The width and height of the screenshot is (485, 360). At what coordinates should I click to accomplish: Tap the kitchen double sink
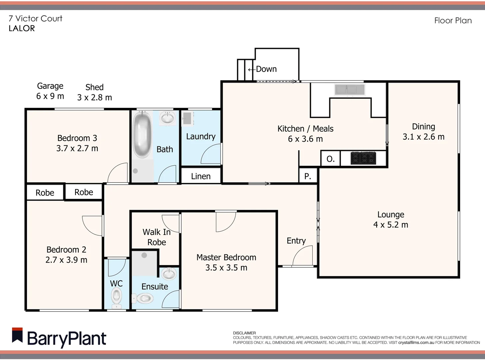click(x=350, y=90)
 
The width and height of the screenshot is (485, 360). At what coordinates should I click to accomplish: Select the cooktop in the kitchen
click(x=363, y=158)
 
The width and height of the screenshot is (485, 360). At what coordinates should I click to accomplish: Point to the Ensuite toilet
click(x=143, y=298)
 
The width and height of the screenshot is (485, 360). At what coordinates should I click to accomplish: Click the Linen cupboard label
click(x=201, y=176)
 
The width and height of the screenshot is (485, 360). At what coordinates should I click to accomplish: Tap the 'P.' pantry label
click(x=308, y=176)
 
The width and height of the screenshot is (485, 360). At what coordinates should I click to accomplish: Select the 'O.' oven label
click(x=330, y=159)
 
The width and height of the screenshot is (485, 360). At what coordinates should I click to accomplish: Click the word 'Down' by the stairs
click(x=266, y=69)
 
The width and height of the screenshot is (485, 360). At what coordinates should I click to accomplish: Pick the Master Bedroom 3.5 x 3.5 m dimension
click(x=226, y=268)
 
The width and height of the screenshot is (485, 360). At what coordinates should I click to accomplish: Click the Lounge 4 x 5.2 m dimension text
click(x=391, y=225)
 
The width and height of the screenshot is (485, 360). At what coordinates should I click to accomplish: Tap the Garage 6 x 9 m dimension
click(x=50, y=96)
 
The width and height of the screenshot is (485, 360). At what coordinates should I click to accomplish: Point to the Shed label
click(x=94, y=87)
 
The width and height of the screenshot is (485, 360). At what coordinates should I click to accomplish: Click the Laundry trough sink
click(x=187, y=119)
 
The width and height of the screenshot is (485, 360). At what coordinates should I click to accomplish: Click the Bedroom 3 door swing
click(x=118, y=173)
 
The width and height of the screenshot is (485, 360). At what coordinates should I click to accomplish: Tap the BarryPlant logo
click(x=59, y=338)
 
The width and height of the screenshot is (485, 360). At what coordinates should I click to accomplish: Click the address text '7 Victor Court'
click(x=35, y=19)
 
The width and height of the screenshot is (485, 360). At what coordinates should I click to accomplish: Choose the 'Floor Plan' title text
click(x=453, y=21)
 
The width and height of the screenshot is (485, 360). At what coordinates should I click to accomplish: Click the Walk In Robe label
click(x=156, y=237)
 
